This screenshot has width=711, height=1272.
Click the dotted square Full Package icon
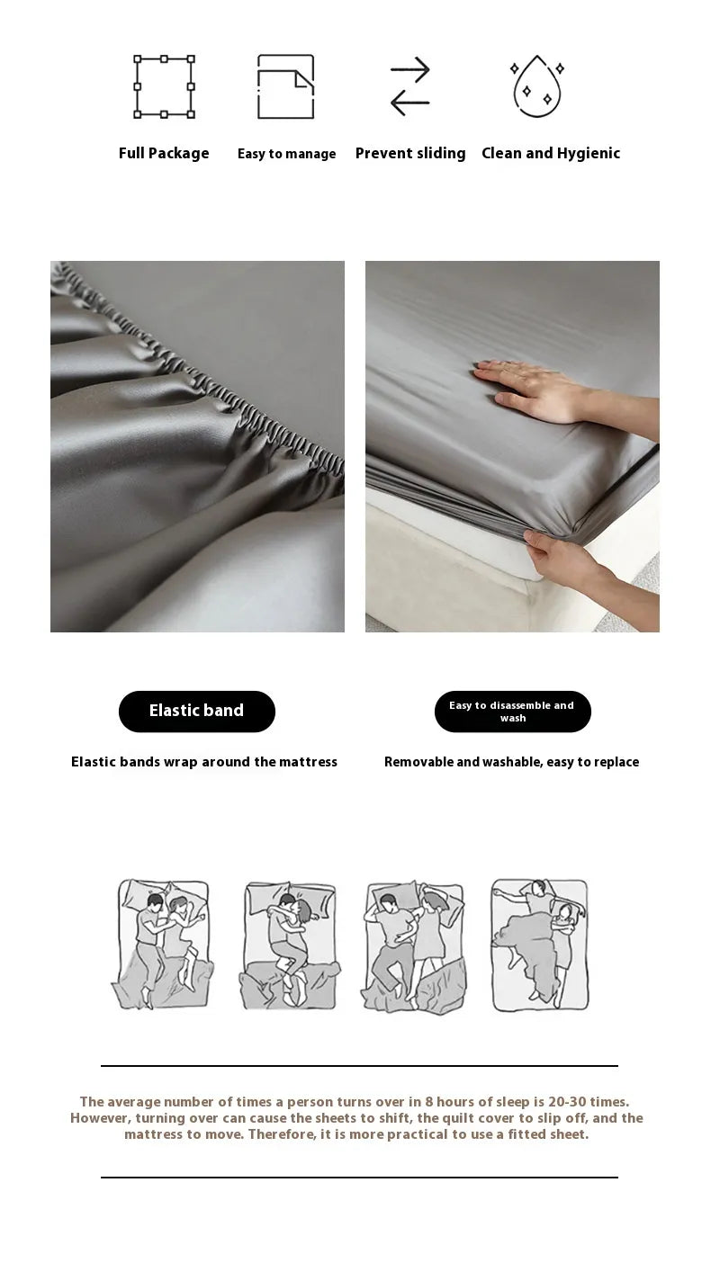164,86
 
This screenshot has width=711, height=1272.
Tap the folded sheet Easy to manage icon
285,86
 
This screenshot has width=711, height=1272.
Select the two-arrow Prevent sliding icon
409,86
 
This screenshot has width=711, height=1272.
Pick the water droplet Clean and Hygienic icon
537,86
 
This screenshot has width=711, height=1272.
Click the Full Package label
164,153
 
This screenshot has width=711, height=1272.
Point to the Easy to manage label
286,154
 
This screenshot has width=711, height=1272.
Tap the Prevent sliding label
410,153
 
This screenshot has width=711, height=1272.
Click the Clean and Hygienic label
551,153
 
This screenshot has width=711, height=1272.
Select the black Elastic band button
197,711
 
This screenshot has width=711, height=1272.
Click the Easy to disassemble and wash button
512,712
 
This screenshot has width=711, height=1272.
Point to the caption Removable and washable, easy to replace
511,762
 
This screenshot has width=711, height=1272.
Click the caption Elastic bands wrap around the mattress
204,762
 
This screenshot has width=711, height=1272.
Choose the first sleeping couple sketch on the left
162,945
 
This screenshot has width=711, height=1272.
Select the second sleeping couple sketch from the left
290,945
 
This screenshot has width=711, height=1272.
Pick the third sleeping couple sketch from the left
415,947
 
